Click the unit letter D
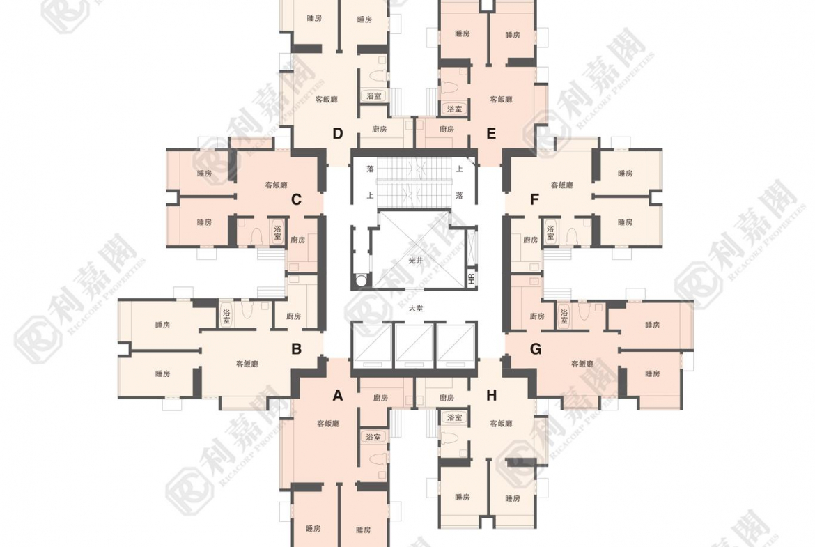pyautogui.click(x=338, y=134)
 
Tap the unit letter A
pyautogui.click(x=338, y=396)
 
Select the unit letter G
pyautogui.click(x=535, y=349)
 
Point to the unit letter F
pyautogui.click(x=534, y=200)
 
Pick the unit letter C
pyautogui.click(x=296, y=200)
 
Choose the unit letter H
pyautogui.click(x=491, y=396)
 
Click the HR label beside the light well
pyautogui.click(x=472, y=279)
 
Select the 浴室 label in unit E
pyautogui.click(x=454, y=109)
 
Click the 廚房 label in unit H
pyautogui.click(x=447, y=398)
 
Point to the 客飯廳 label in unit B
pyautogui.click(x=247, y=364)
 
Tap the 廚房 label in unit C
pyautogui.click(x=297, y=240)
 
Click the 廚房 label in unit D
pyautogui.click(x=380, y=129)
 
